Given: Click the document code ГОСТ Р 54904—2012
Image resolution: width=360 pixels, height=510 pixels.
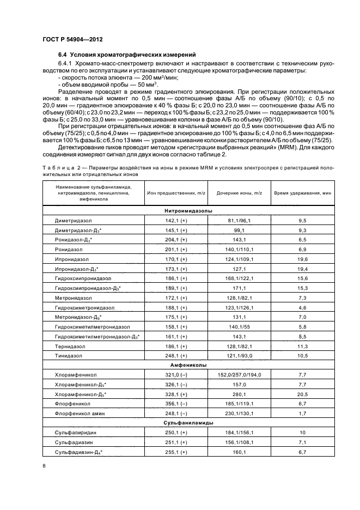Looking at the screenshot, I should [72, 40].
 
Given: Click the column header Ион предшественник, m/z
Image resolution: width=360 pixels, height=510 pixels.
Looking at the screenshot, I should [175, 194].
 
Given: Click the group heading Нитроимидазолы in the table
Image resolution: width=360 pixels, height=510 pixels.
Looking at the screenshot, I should [181, 210].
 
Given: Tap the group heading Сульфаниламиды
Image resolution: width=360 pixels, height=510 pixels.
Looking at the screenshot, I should [181, 422].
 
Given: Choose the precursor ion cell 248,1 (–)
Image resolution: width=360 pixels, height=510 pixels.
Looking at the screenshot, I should [175, 412].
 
